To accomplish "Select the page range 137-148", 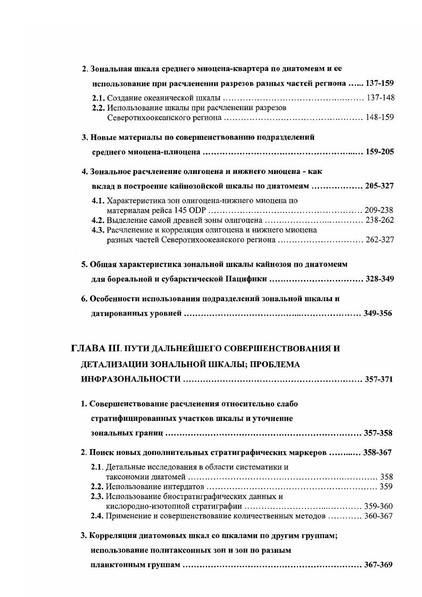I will (x=380, y=98).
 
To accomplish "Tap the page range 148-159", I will (x=380, y=117).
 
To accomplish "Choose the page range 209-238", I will (x=379, y=210).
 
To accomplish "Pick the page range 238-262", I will (x=379, y=220).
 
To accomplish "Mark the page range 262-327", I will (x=379, y=240).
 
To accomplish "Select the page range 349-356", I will (x=378, y=313).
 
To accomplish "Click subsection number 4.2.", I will (x=97, y=220).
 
